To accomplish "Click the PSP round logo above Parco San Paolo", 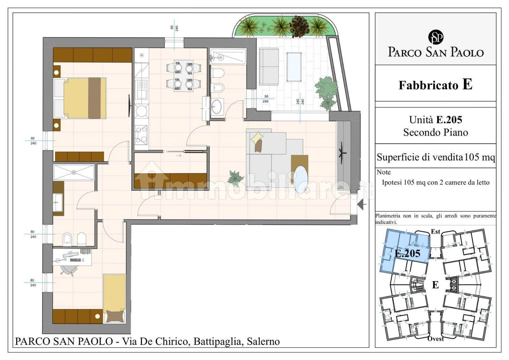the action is pos(436,37).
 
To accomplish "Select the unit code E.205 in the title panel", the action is pos(449,120).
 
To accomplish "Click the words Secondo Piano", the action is pos(436,132).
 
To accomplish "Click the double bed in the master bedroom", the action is pos(80,98).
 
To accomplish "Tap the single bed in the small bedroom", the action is pos(114,298).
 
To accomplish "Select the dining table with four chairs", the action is pos(184,76).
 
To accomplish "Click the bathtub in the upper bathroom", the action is pos(228,56).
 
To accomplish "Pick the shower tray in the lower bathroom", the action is pos(74,172).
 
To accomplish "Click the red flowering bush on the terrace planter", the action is pos(300,26).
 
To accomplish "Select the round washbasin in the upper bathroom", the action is pos(217,106).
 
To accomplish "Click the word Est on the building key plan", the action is pos(436,231).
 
